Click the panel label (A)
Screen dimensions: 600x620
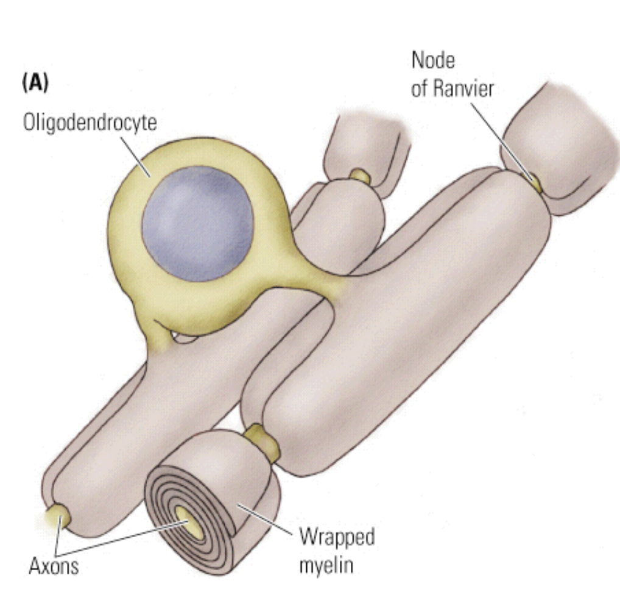click(35, 83)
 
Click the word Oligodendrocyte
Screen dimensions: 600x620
click(90, 123)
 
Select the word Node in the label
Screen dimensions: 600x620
click(433, 61)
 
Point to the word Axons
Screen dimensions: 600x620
click(54, 566)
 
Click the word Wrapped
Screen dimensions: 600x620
click(336, 537)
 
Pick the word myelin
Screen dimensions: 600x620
click(326, 565)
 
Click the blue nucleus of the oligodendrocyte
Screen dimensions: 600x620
click(197, 224)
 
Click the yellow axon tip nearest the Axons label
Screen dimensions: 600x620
click(59, 518)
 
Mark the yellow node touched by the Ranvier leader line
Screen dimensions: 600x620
click(536, 182)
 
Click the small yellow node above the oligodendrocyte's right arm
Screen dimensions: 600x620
click(359, 176)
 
